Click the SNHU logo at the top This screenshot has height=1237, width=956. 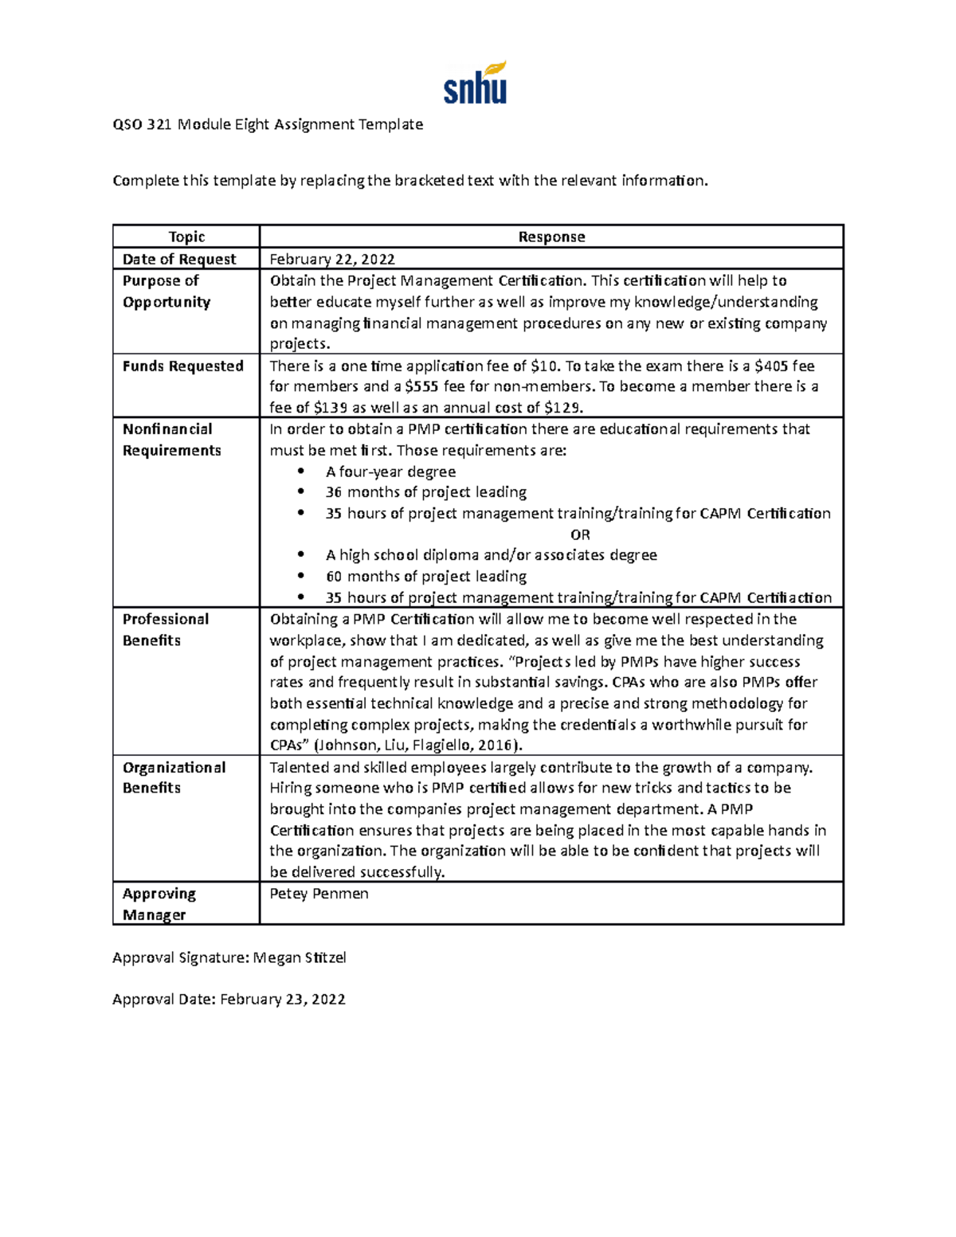(x=475, y=84)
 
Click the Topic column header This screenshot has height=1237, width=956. (x=186, y=237)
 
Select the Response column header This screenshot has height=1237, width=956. (x=551, y=237)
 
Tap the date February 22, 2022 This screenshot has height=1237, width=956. (x=332, y=259)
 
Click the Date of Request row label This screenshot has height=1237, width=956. (x=179, y=259)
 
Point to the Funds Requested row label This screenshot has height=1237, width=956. (x=182, y=366)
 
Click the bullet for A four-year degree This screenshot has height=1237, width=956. (x=300, y=472)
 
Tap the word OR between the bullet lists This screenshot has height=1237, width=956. (x=580, y=534)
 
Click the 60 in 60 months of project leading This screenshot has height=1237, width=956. (x=334, y=576)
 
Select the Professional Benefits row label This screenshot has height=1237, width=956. (x=166, y=629)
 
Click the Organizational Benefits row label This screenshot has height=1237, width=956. (x=174, y=777)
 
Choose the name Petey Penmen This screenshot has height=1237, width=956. (x=319, y=894)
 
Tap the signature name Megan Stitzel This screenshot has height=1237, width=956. (x=300, y=957)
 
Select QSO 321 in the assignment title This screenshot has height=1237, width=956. (x=142, y=124)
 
